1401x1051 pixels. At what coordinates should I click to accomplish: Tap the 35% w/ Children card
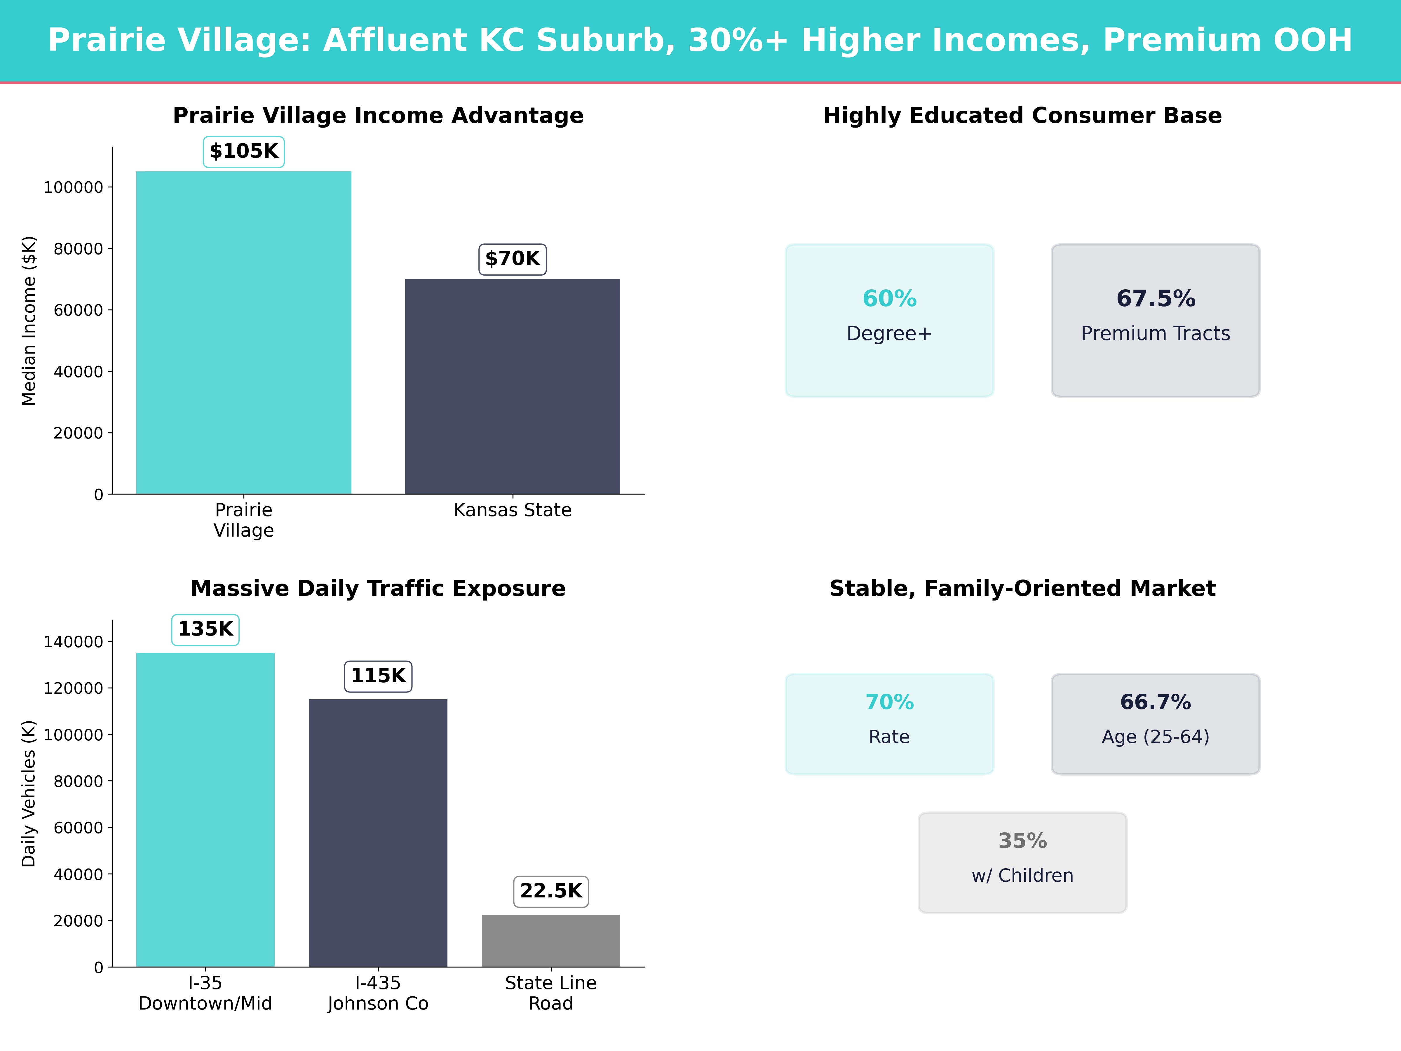(1022, 862)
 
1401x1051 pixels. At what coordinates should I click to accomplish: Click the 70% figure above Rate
(889, 702)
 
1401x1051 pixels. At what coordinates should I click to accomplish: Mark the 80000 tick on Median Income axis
(78, 249)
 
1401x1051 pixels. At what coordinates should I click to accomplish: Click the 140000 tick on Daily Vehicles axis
(73, 642)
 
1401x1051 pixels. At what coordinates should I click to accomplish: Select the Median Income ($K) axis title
(29, 321)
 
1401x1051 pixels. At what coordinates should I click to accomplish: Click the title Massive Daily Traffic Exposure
(378, 589)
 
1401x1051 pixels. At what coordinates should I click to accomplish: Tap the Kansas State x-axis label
(513, 510)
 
